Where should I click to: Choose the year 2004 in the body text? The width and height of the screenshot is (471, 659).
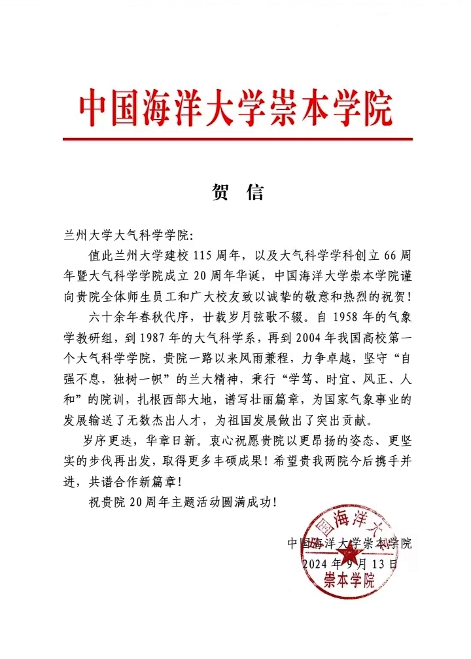point(278,339)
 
